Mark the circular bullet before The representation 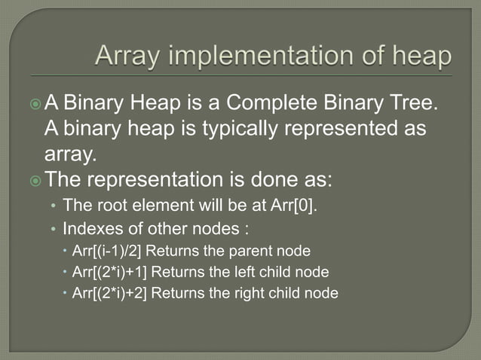[x=52, y=181]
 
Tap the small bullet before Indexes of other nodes [x=53, y=228]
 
